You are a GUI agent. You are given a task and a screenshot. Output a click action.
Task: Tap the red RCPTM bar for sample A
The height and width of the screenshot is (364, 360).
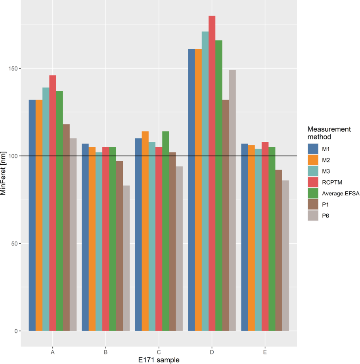click(53, 203)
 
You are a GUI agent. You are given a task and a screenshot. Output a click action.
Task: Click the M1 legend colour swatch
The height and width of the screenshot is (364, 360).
click(313, 148)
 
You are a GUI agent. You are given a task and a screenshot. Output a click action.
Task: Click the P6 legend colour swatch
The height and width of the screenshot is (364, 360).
click(313, 216)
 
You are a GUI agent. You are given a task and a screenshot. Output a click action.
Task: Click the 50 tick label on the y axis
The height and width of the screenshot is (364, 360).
click(14, 243)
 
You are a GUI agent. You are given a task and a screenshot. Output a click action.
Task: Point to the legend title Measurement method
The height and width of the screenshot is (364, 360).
click(329, 133)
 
